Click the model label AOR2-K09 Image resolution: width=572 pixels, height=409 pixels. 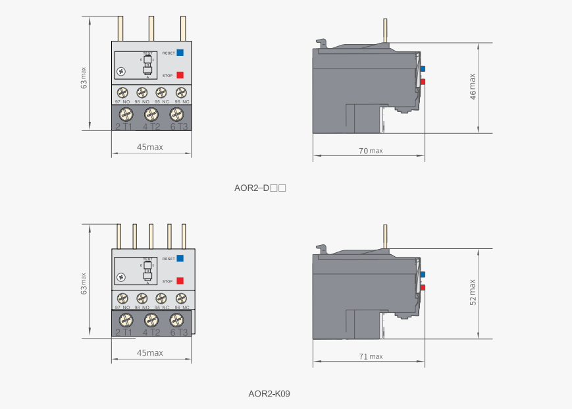tap(269, 394)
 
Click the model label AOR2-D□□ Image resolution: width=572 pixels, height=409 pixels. tap(259, 188)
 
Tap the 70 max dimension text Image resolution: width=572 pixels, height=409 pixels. tap(371, 151)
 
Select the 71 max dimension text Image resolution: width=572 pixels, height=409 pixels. tap(371, 356)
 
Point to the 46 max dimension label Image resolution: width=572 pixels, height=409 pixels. tap(473, 86)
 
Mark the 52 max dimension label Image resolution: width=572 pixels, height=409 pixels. tap(473, 292)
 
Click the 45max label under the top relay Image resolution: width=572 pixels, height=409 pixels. tap(150, 147)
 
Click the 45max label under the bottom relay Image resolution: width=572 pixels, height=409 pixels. tap(150, 353)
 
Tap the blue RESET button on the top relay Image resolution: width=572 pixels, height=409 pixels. tap(180, 51)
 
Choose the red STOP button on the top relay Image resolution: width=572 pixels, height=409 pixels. tap(180, 75)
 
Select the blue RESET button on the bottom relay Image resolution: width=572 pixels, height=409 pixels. tap(180, 258)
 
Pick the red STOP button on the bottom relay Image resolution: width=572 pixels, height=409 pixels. tap(180, 281)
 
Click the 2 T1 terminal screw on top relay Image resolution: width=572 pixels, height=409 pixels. tap(123, 114)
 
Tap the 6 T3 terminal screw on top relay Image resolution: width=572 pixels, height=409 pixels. tap(176, 114)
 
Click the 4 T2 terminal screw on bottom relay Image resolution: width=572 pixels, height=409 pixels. tap(149, 321)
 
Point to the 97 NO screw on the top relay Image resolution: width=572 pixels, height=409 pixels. tap(122, 92)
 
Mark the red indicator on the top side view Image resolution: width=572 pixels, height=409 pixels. tap(423, 82)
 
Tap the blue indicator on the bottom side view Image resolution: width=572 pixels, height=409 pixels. tap(423, 274)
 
